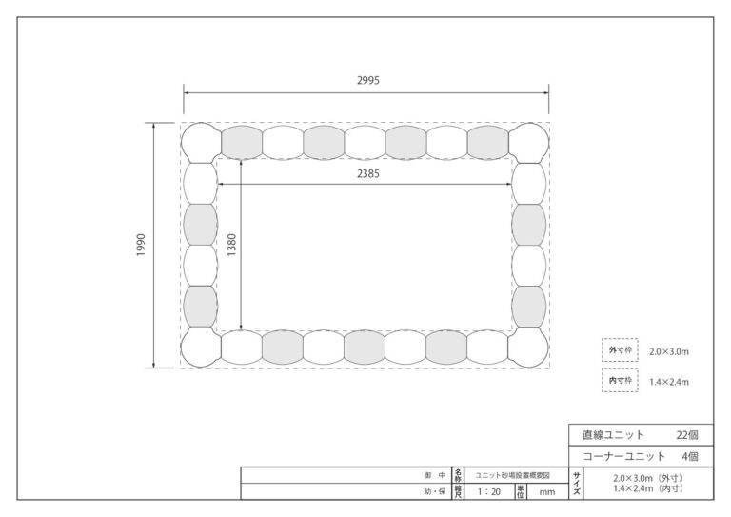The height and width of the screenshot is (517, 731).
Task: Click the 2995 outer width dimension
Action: coord(367,80)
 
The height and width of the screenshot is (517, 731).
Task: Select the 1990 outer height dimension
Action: coord(141,245)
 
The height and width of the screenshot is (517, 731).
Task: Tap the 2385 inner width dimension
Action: coord(367,174)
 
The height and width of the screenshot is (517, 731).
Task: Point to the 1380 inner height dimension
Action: coord(231,245)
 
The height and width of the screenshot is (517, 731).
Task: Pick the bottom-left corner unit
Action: coord(201,348)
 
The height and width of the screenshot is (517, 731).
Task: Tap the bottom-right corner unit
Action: coord(529,348)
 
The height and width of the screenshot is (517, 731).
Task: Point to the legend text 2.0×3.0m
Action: coord(669,352)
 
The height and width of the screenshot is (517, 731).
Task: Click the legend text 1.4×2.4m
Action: coord(669,382)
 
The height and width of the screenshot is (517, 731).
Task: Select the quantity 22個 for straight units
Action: coord(687,435)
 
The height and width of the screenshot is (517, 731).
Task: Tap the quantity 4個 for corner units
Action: coord(690,456)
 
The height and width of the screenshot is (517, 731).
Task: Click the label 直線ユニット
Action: coord(614,435)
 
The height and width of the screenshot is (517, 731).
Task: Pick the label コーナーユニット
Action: coord(623,456)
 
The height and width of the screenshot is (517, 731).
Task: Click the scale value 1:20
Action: coord(489,492)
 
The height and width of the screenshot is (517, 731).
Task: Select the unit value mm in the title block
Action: coord(547,492)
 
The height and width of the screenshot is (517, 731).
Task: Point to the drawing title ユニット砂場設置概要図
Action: coord(512,475)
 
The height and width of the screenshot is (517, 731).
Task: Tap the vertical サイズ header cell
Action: coord(577,484)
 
